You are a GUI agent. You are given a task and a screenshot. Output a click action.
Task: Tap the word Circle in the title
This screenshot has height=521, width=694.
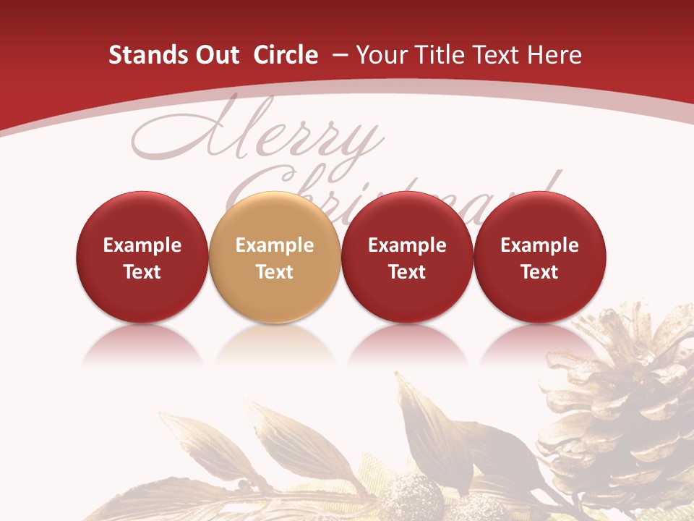click(x=286, y=55)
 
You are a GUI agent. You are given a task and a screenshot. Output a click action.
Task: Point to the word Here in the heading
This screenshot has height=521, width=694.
click(x=554, y=55)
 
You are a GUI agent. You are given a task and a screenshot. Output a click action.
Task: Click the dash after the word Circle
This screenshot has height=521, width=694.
click(x=338, y=56)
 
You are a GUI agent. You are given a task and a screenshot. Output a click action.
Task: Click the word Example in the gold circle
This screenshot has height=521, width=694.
click(x=275, y=245)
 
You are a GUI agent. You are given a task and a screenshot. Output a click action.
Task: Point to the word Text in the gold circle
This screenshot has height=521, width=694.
click(x=275, y=272)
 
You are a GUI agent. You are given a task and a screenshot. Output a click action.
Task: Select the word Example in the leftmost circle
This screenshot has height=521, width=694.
click(x=142, y=245)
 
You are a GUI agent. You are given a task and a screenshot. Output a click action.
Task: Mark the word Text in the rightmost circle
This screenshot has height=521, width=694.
click(x=540, y=272)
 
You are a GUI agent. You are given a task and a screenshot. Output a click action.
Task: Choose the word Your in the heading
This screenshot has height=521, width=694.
click(x=382, y=55)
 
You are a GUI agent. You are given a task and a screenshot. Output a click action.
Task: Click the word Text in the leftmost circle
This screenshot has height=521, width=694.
click(x=142, y=272)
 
